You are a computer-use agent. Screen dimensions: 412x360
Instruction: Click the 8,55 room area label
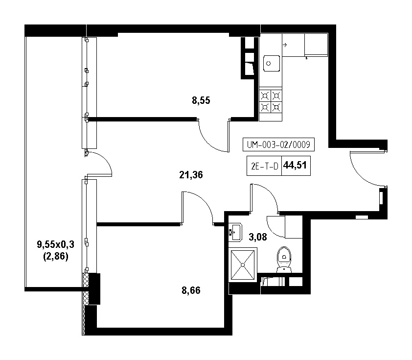[x=201, y=100]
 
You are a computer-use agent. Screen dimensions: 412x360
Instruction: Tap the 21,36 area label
[x=191, y=174]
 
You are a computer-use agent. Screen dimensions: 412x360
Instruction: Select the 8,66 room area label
[x=191, y=290]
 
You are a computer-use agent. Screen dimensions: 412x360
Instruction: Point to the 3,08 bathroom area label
[x=258, y=237]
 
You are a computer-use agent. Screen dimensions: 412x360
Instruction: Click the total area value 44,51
[x=295, y=165]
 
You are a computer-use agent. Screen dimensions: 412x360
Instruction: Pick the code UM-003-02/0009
[x=278, y=144]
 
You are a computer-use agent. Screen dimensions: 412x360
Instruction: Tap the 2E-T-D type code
[x=265, y=166]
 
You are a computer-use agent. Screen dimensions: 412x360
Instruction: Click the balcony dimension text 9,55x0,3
[x=56, y=244]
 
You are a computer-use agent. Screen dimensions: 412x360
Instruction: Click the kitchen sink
[x=272, y=63]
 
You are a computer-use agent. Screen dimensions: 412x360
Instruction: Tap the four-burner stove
[x=271, y=101]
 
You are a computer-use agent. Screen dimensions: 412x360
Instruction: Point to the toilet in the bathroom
[x=284, y=260]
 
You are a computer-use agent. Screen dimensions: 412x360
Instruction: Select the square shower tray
[x=243, y=264]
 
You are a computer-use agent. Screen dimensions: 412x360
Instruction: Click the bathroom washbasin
[x=235, y=232]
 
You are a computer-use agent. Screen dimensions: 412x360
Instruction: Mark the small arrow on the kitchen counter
[x=285, y=45]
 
